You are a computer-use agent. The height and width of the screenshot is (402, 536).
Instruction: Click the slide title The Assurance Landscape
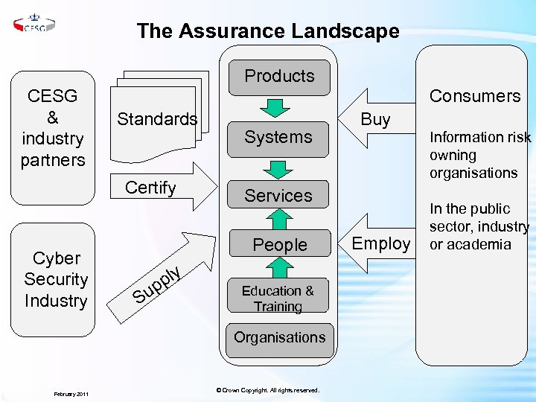pos(268,31)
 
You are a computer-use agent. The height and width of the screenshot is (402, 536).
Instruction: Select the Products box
pos(279,77)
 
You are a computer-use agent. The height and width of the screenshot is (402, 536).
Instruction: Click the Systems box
pos(279,138)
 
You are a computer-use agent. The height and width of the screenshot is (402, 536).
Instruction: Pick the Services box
pos(279,196)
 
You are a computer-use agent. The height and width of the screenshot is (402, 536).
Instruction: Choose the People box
pos(279,245)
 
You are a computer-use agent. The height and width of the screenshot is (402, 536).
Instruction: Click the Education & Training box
pos(278,299)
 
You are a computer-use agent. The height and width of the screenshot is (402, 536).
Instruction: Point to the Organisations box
pos(279,337)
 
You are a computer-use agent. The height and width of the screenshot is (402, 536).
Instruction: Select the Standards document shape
pos(157,119)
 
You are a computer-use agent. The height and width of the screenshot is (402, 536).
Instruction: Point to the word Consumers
pos(475,96)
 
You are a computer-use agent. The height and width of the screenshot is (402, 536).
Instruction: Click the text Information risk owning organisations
pos(479,155)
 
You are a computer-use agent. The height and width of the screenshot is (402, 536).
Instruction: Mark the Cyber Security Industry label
pos(56,280)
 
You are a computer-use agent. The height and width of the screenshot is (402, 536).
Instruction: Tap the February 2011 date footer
pos(71,393)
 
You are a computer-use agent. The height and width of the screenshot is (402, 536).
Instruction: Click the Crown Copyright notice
pos(267,390)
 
